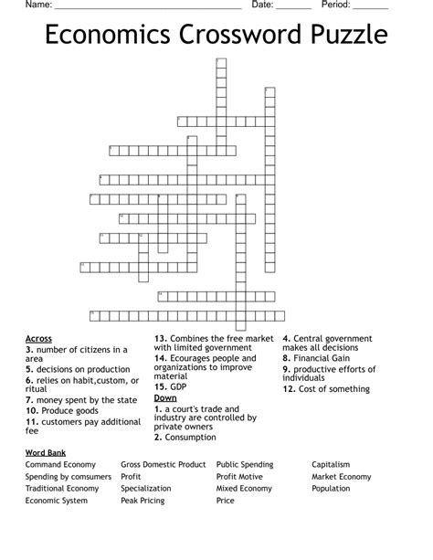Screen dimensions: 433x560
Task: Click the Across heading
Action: pos(38,338)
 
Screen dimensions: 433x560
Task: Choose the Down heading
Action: pos(165,398)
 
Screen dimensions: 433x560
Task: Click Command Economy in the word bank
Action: pos(61,465)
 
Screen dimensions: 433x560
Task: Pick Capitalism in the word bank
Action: pos(331,465)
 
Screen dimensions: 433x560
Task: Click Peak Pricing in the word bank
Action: pos(143,501)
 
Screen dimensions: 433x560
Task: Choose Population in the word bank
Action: pos(331,489)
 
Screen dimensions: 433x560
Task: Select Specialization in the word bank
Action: pos(146,489)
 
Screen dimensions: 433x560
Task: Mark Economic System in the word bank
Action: pos(57,501)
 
